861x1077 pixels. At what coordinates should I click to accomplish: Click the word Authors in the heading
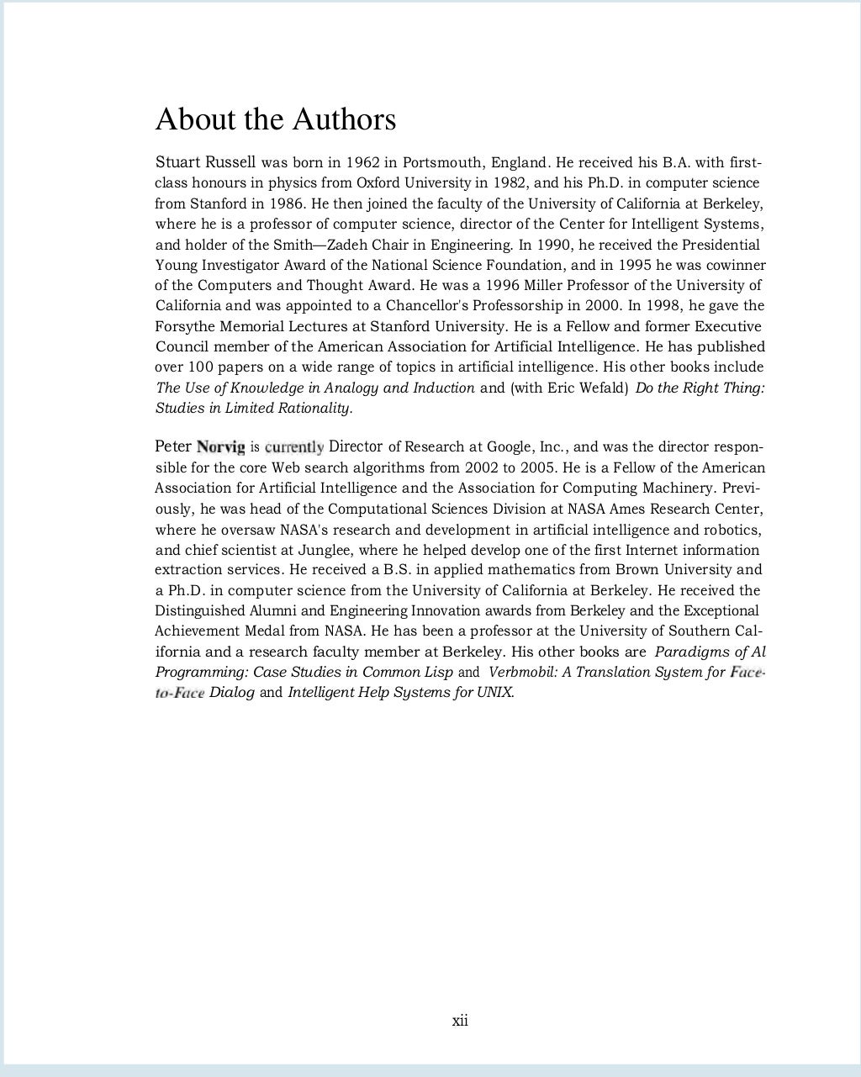point(345,119)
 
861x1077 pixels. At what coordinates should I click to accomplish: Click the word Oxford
point(378,182)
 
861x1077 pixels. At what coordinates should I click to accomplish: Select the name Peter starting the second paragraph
point(173,446)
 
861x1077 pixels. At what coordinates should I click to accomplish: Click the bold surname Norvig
point(220,446)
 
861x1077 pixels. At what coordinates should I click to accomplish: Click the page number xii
point(460,1021)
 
